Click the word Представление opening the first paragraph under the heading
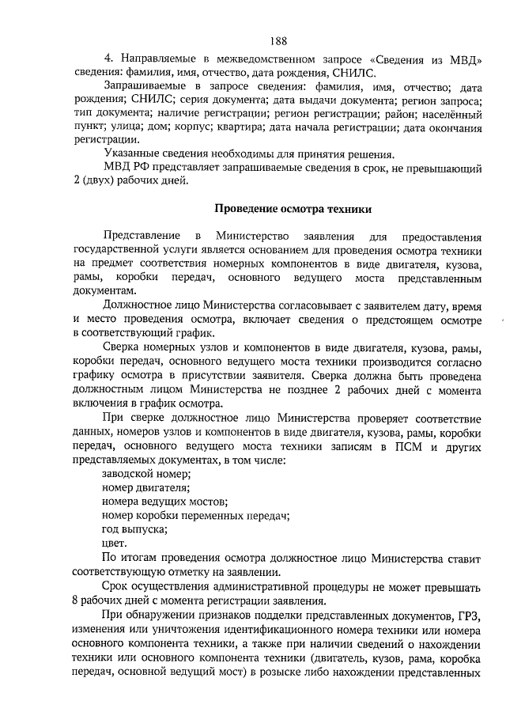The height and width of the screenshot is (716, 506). click(139, 237)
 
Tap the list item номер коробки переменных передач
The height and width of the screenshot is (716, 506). click(194, 516)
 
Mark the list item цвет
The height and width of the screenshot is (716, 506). click(115, 544)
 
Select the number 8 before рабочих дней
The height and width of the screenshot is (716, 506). click(74, 600)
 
